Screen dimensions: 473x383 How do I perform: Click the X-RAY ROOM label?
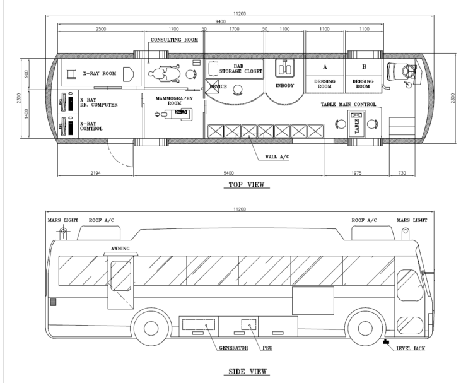(100, 73)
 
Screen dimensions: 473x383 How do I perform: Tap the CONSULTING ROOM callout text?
(174, 40)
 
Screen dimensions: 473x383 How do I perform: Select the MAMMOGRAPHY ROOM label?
(174, 101)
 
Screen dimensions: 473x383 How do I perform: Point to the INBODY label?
(284, 86)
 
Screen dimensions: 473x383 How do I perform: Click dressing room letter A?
(325, 67)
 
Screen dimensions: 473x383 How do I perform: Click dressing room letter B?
(364, 67)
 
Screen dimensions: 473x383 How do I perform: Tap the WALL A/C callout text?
(277, 156)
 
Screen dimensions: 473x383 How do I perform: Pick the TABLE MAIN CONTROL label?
(348, 105)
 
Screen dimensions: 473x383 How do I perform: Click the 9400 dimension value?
(220, 21)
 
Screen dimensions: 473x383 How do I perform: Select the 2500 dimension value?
(101, 29)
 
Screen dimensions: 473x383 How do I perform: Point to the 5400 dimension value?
(228, 173)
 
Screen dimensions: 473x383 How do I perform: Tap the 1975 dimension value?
(356, 173)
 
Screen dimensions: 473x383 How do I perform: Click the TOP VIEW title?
(247, 184)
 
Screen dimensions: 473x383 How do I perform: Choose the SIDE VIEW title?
(247, 372)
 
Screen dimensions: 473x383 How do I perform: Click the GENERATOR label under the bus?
(233, 348)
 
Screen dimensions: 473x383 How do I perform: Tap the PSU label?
(267, 348)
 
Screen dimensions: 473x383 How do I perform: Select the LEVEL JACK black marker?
(386, 341)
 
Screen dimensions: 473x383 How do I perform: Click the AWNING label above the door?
(120, 249)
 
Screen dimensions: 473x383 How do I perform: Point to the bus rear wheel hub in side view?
(151, 328)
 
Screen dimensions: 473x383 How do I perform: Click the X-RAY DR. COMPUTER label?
(98, 102)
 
